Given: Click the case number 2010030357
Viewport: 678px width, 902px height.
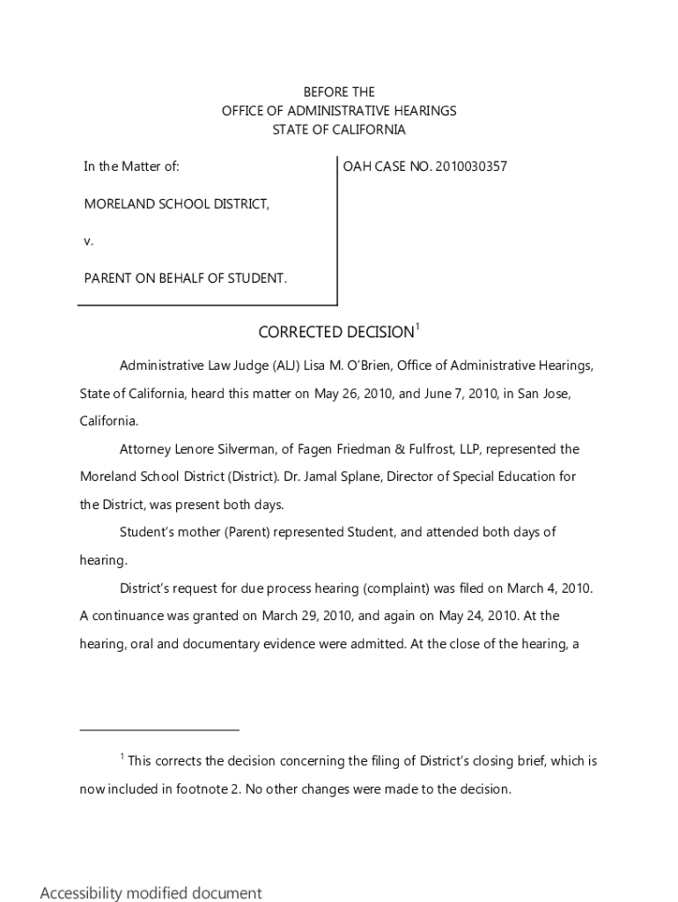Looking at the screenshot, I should click(x=471, y=166).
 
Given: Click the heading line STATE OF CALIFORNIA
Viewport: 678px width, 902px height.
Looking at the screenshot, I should click(x=339, y=129).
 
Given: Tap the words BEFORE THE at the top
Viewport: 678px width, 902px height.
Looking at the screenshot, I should click(x=339, y=92).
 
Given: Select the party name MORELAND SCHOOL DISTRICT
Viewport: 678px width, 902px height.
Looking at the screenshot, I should click(x=176, y=203).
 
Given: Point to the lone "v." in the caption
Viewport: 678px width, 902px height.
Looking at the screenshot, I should click(x=89, y=240).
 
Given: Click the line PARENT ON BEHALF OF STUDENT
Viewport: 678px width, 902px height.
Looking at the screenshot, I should click(x=185, y=277).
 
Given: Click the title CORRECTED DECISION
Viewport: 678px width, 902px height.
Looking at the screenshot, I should click(x=335, y=332).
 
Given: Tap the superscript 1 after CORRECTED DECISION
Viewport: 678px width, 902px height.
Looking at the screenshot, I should click(x=417, y=327).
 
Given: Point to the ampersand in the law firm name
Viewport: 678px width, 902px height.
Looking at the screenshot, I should click(x=399, y=449).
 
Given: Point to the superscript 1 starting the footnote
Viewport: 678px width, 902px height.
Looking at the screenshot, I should click(x=122, y=757).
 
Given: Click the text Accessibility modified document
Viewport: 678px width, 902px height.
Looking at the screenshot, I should click(x=151, y=893).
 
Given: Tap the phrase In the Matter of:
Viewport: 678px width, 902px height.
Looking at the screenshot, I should click(x=132, y=166).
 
